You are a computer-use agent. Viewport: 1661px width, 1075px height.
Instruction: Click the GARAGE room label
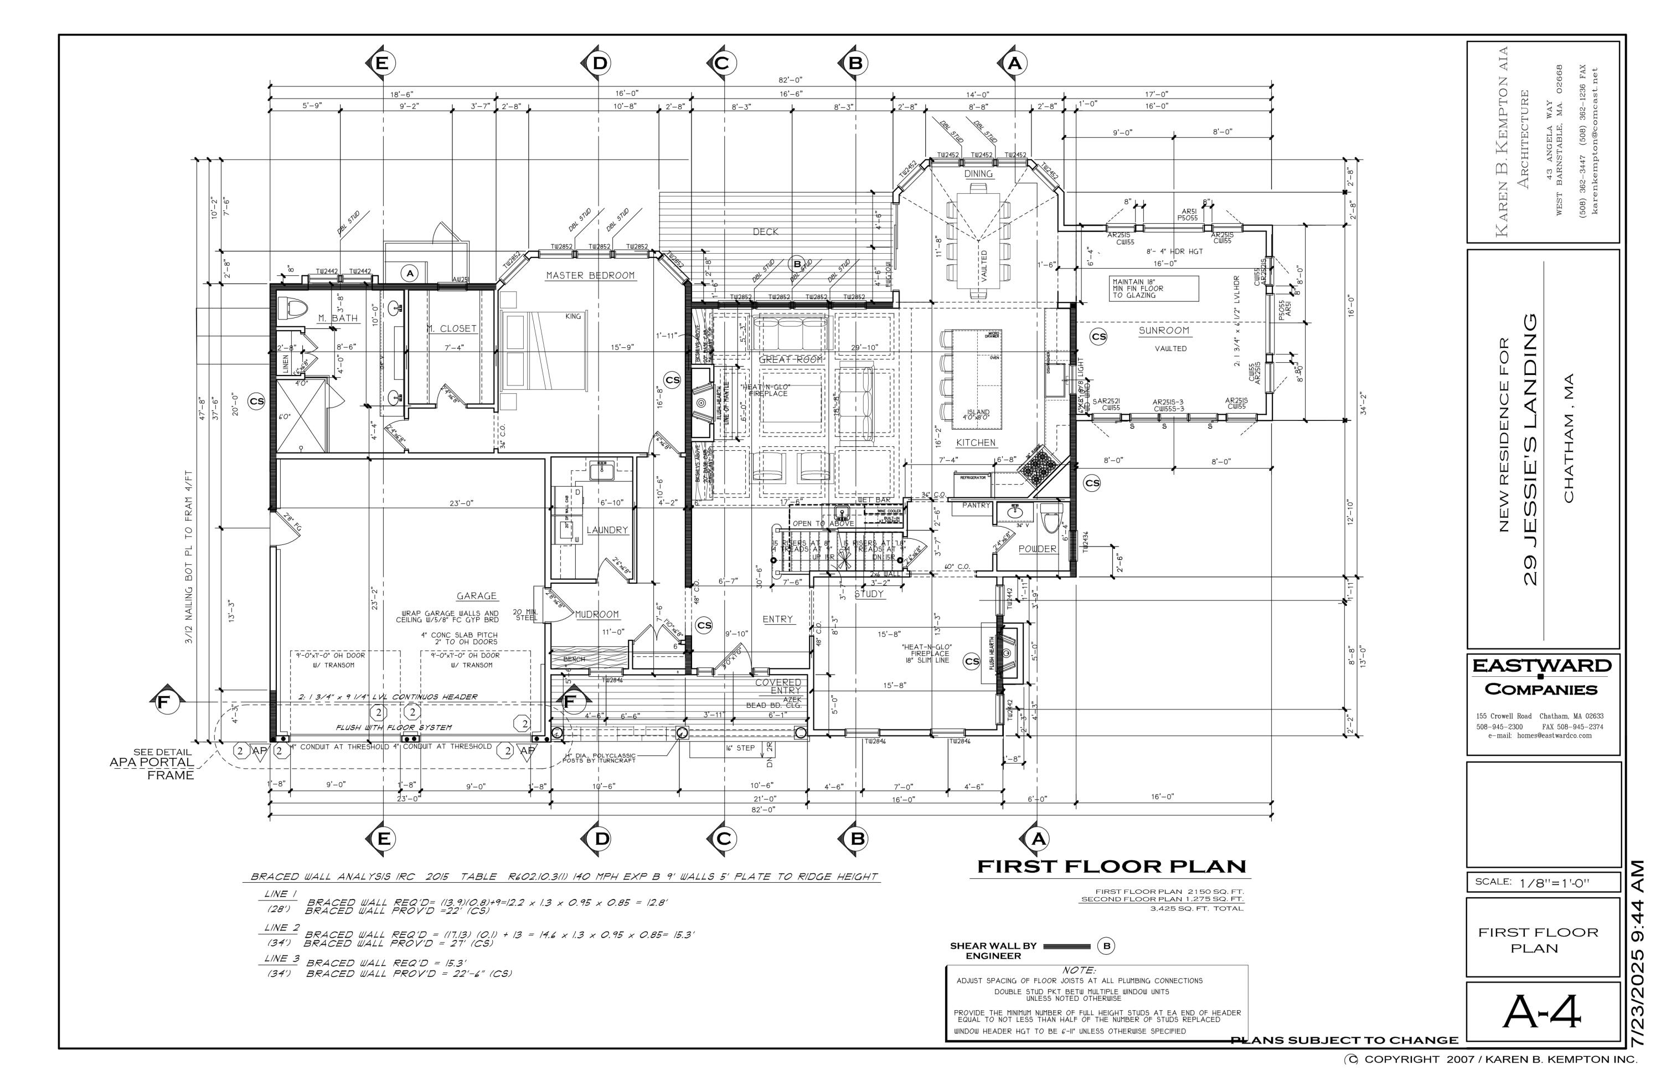point(477,596)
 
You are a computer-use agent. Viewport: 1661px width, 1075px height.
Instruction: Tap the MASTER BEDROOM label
point(590,276)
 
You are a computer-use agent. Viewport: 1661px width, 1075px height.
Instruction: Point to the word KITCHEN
point(976,443)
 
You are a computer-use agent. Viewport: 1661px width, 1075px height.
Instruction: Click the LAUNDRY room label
point(607,531)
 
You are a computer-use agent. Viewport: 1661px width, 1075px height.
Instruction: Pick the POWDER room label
point(1037,549)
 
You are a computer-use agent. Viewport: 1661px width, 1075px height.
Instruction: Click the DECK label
point(765,232)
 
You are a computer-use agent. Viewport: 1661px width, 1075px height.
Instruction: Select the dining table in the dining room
point(978,241)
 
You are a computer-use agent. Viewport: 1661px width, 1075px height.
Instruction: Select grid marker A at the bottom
point(1039,839)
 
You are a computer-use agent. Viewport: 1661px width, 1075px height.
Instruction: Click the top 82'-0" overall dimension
point(790,80)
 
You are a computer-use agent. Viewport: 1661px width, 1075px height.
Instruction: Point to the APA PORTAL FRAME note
point(152,763)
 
